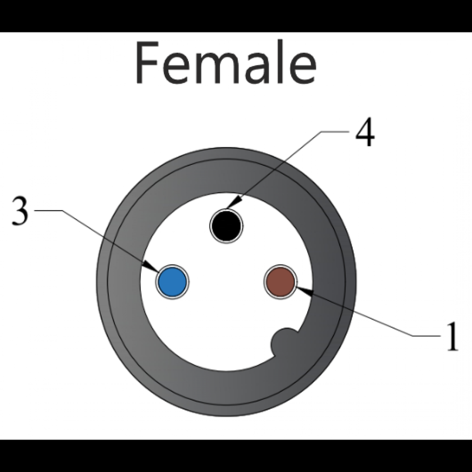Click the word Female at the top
[225, 63]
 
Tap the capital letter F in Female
[147, 63]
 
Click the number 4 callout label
[365, 133]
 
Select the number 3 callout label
[20, 212]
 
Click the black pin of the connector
[226, 226]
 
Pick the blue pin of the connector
[172, 282]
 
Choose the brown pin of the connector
[280, 282]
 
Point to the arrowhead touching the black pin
[236, 202]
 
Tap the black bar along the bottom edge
[236, 456]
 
